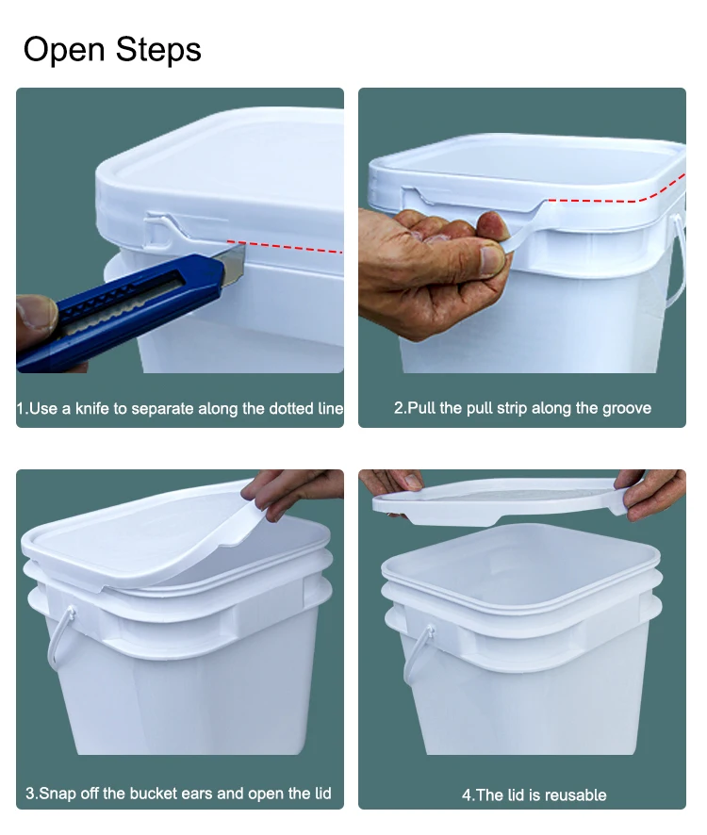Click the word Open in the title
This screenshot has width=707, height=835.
click(64, 51)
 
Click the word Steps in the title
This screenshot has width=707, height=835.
click(158, 49)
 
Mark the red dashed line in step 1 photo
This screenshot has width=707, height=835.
click(285, 247)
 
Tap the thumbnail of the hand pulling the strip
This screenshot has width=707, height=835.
click(492, 258)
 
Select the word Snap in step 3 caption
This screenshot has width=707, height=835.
click(58, 794)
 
